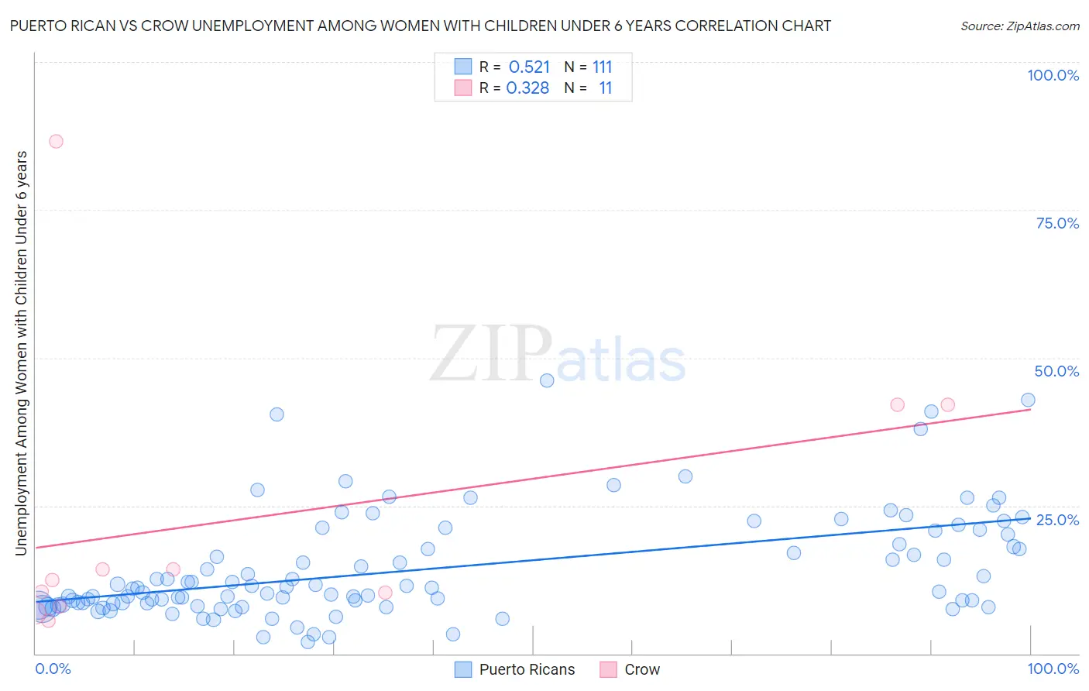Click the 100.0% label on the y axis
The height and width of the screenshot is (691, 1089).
click(x=1053, y=75)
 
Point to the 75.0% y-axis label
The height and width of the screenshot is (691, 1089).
click(x=1057, y=223)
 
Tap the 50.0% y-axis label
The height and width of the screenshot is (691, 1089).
click(x=1056, y=371)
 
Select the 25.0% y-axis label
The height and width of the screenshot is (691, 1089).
click(x=1057, y=519)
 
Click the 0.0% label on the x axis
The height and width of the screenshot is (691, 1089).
click(x=53, y=669)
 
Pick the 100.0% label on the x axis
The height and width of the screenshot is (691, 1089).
click(x=1053, y=669)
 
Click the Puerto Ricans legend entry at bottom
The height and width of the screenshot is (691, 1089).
click(x=527, y=669)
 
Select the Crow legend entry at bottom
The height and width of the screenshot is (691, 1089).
click(x=642, y=669)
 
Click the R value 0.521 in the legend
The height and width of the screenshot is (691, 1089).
click(x=529, y=67)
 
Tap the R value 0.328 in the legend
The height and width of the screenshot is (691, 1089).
click(x=527, y=88)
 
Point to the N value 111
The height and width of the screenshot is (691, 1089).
click(x=603, y=67)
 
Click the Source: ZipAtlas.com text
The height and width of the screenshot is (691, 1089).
click(x=1019, y=26)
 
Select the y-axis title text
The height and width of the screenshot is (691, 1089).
click(x=21, y=352)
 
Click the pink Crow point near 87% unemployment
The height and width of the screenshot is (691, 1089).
click(x=56, y=141)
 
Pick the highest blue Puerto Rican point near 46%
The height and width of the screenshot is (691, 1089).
click(x=547, y=380)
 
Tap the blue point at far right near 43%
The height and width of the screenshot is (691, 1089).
click(x=1028, y=400)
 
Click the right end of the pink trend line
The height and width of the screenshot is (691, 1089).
click(x=1030, y=409)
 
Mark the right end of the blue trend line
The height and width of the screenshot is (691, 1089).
click(x=1030, y=517)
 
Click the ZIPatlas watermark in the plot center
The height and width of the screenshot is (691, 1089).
click(x=558, y=355)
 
